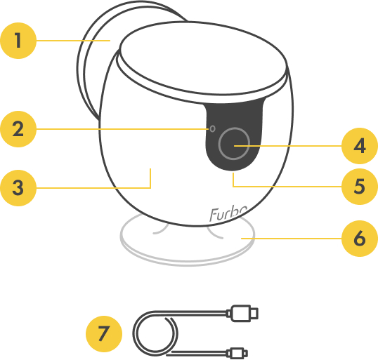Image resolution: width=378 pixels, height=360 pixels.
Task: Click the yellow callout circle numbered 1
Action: pyautogui.click(x=18, y=41)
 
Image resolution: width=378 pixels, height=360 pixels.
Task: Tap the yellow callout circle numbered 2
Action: pyautogui.click(x=18, y=129)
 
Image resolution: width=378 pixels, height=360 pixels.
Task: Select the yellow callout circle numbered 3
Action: pyautogui.click(x=18, y=188)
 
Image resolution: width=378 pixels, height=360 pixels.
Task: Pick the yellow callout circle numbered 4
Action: pyautogui.click(x=360, y=146)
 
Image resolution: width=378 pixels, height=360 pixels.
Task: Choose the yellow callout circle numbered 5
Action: pyautogui.click(x=360, y=187)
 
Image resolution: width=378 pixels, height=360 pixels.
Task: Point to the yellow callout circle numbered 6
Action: pyautogui.click(x=360, y=239)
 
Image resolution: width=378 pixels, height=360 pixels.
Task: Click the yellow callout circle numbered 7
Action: pyautogui.click(x=104, y=334)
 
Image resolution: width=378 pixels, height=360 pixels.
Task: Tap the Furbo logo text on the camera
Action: pyautogui.click(x=228, y=214)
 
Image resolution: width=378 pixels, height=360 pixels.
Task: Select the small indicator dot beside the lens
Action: pyautogui.click(x=212, y=128)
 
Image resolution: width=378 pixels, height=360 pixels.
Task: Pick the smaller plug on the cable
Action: pyautogui.click(x=237, y=353)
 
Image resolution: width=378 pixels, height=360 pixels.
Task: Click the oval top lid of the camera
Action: pyautogui.click(x=203, y=58)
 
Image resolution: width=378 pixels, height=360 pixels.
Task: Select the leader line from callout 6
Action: pyautogui.click(x=291, y=239)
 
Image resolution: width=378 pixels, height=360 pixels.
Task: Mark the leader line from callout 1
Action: pyautogui.click(x=73, y=41)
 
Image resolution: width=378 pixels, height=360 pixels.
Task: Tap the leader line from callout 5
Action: pyautogui.click(x=287, y=187)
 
